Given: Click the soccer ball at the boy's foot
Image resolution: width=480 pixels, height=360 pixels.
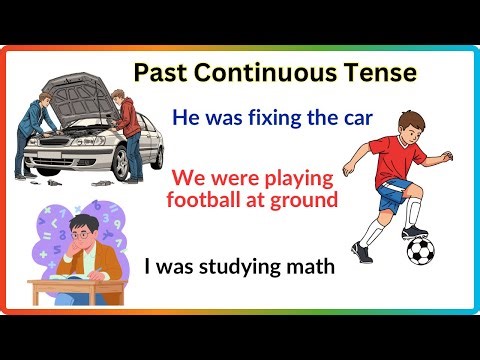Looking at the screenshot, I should click(x=420, y=250).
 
